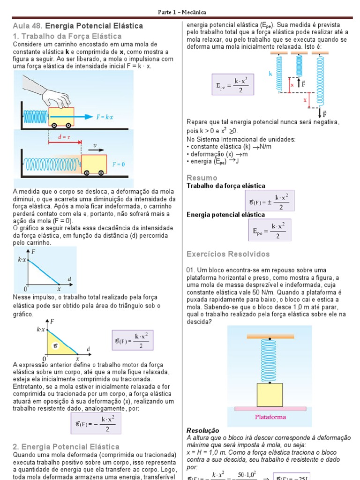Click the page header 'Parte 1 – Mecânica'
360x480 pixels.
pyautogui.click(x=180, y=12)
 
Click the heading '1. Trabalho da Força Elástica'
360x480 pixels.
pyautogui.click(x=67, y=36)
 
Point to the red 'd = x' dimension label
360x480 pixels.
pyautogui.click(x=64, y=138)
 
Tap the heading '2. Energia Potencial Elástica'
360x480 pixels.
pyautogui.click(x=66, y=447)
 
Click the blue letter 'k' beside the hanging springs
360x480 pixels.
pyautogui.click(x=270, y=74)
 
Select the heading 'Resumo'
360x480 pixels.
pyautogui.click(x=202, y=178)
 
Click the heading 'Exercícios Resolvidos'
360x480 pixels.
pyautogui.click(x=228, y=254)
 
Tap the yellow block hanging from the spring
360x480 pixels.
pyautogui.click(x=270, y=395)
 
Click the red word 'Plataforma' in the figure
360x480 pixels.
pyautogui.click(x=270, y=417)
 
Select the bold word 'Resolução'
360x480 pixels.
pyautogui.click(x=203, y=430)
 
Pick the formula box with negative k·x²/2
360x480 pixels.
pyautogui.click(x=95, y=425)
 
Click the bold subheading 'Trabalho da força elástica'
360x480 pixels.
pyautogui.click(x=226, y=186)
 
